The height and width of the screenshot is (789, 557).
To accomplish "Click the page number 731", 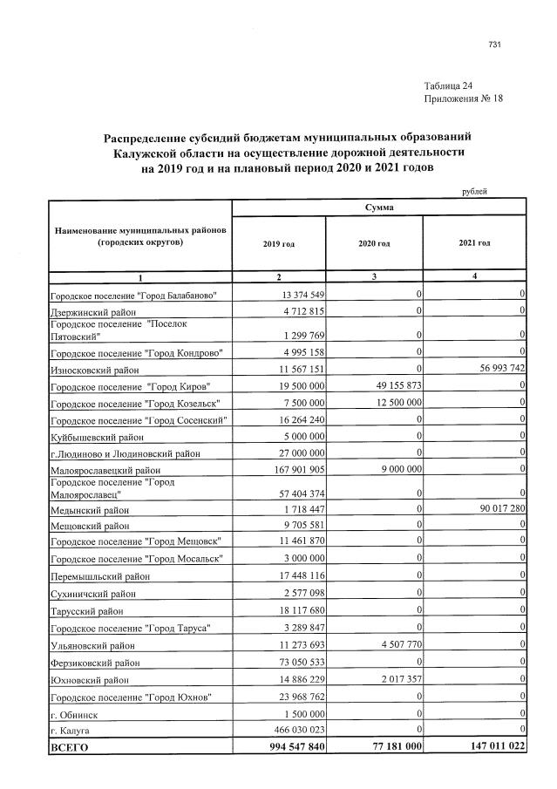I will click(x=495, y=44).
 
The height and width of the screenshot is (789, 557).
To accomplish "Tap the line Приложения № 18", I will click(x=463, y=99).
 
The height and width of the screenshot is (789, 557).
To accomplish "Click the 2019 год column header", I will click(x=278, y=243).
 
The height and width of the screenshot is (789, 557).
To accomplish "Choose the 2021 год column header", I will click(x=473, y=242).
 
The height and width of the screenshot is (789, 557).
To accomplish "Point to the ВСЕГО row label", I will click(x=69, y=747).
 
